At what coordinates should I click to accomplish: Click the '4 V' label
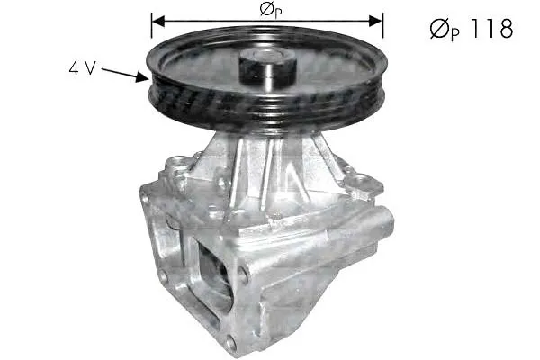(82, 68)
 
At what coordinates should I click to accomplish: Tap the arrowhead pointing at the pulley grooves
(142, 77)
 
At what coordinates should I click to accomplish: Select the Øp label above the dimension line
(271, 10)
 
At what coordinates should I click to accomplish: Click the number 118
(490, 28)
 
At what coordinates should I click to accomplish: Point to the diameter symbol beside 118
(439, 29)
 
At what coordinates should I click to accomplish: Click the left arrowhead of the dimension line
(158, 21)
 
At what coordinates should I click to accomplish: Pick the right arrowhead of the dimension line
(375, 21)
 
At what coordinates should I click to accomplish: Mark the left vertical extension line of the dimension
(151, 25)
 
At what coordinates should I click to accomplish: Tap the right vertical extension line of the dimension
(382, 25)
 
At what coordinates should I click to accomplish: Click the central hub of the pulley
(267, 69)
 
